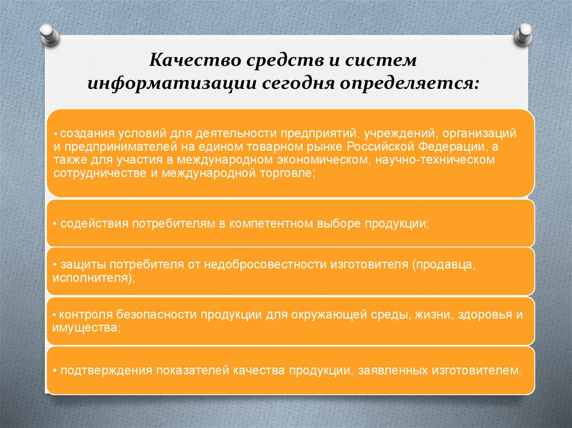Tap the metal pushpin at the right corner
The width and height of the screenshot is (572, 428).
click(x=524, y=35)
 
